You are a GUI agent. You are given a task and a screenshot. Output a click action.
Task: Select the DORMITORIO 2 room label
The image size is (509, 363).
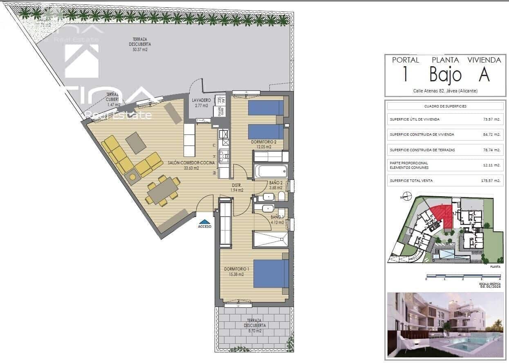[x=264, y=142]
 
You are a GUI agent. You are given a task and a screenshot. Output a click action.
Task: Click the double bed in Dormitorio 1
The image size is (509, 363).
[x=271, y=273]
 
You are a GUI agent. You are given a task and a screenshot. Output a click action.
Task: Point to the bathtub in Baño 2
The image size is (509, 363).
[x=271, y=171]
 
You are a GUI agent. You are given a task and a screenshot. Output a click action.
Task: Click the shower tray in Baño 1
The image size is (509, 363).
[x=270, y=239]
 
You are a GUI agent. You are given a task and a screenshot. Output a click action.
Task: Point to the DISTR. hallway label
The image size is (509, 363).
[x=236, y=185]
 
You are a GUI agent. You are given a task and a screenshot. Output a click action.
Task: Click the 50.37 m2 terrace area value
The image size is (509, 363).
[x=140, y=49]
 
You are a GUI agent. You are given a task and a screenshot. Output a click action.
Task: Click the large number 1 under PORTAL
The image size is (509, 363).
[x=405, y=75]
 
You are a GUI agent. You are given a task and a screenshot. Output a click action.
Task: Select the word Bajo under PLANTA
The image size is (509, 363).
[x=445, y=75]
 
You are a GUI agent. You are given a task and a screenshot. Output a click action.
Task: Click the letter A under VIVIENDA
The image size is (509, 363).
[x=484, y=75]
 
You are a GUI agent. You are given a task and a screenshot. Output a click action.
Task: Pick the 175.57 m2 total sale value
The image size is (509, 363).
[x=491, y=180]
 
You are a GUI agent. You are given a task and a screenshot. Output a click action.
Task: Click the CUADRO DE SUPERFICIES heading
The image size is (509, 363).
[x=445, y=106]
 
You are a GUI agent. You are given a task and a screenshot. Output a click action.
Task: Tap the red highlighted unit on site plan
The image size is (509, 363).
[x=442, y=215]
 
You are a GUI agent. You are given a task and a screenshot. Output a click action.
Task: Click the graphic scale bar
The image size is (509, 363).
[x=463, y=276]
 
